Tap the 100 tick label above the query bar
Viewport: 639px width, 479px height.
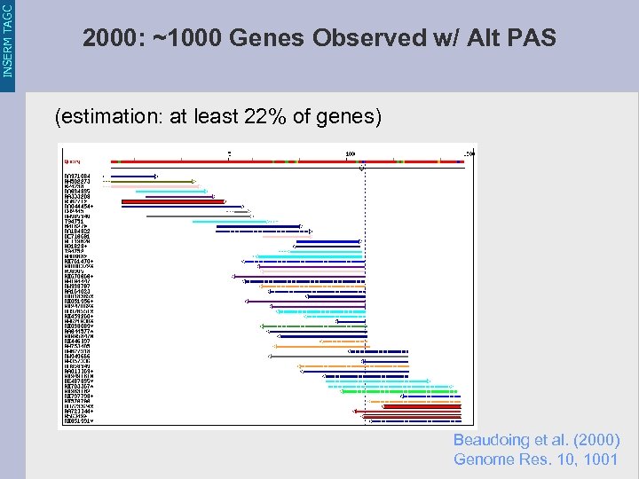coord(351,154)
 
